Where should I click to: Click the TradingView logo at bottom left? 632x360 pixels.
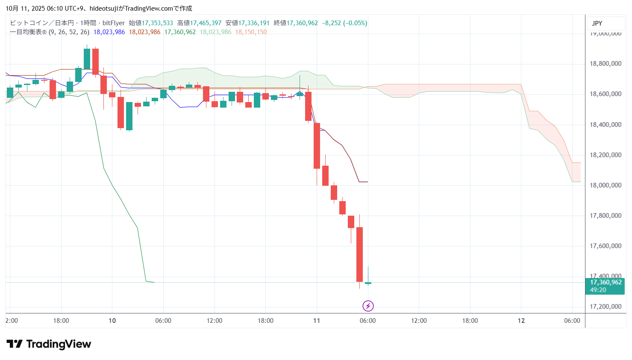49,344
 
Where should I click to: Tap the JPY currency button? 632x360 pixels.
597,23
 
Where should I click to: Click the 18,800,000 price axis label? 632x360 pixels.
605,64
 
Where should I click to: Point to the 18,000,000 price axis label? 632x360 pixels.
605,185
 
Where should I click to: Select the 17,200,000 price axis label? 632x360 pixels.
605,307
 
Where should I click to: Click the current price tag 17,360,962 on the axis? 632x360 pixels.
606,282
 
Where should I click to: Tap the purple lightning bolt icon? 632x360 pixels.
368,306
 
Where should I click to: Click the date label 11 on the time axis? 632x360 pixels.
316,321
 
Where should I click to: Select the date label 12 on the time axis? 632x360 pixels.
521,321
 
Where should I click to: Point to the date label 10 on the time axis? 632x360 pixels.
112,321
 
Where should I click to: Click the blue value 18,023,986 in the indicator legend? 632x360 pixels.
109,32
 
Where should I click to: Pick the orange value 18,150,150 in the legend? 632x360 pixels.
251,32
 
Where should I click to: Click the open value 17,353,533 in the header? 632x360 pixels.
157,23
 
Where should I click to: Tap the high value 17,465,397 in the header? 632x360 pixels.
206,23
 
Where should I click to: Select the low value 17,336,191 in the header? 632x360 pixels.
254,23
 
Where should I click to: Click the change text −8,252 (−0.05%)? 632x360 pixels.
344,23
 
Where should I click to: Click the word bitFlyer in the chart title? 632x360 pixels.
114,23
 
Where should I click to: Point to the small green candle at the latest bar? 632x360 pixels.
368,283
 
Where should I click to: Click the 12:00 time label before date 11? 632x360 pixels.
214,321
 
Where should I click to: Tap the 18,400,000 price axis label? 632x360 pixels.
605,125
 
